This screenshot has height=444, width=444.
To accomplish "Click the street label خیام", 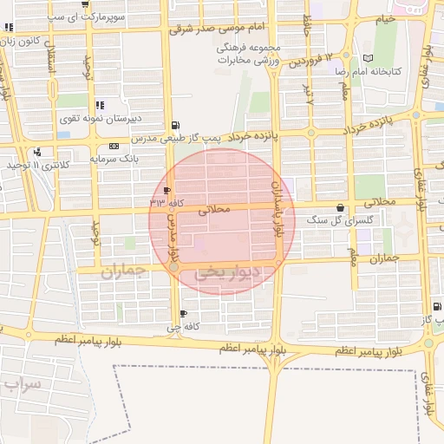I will point(386,17).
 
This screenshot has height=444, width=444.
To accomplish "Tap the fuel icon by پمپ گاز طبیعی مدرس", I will point(177,125).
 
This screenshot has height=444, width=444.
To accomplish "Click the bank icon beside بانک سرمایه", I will point(101,146).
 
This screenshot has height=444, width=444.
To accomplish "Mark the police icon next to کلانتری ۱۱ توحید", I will point(36,153).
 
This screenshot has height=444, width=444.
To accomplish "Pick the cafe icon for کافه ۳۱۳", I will point(166,190).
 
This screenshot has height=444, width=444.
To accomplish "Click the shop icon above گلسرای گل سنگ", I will point(338,207).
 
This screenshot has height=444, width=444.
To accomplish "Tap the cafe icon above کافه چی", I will point(182,313).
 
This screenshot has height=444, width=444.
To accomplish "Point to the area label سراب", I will point(21,383).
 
